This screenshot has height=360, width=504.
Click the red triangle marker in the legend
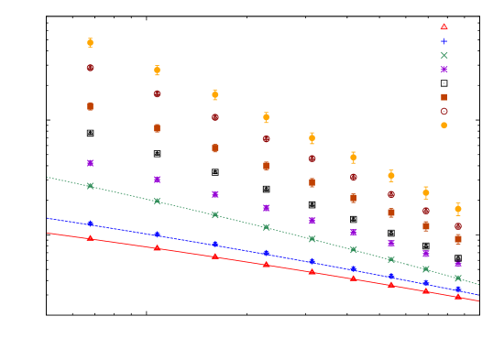pos(444,27)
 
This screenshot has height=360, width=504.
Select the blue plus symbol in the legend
pos(444,41)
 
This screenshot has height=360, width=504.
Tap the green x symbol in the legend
pos(444,55)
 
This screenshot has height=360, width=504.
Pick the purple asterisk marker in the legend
pos(444,69)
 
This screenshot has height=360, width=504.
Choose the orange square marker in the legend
pos(444,97)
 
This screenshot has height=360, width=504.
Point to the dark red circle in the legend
pos(444,111)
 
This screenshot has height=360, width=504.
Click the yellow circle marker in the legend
pos(444,125)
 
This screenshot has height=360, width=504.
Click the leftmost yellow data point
pos(90,42)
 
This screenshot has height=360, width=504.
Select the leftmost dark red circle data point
pos(90,68)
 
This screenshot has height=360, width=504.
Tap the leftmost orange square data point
pos(90,106)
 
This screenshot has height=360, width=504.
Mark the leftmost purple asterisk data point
pos(90,163)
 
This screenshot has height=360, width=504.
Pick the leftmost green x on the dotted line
pos(90,186)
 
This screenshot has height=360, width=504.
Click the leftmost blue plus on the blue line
pos(90,224)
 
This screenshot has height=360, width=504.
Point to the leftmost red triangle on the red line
pos(90,238)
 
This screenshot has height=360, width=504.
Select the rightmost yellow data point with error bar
pos(458,209)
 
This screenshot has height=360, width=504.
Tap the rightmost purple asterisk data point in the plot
pos(458,264)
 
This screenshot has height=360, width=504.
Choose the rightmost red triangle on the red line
pos(458,296)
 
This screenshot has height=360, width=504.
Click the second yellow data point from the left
pos(157,71)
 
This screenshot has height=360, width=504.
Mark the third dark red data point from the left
pos(215,117)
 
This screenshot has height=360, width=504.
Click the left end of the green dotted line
pos(48,177)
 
